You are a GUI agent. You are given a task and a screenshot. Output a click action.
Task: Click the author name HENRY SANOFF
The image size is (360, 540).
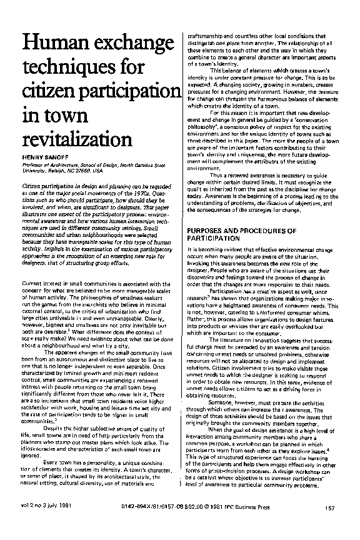pos(45,152)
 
